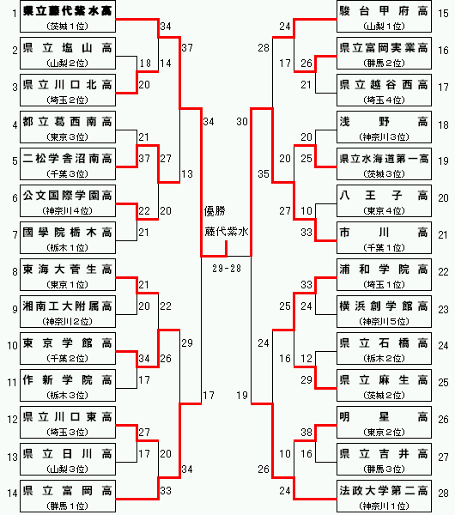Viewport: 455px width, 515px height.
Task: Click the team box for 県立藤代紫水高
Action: coord(68,16)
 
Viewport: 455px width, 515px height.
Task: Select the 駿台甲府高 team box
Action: coord(384,16)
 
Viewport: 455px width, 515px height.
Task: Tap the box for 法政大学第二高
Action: coord(384,496)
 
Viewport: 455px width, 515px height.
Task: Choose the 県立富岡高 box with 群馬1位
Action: coord(68,496)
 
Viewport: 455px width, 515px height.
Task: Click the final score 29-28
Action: coord(227,269)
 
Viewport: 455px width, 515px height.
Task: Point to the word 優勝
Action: coord(215,211)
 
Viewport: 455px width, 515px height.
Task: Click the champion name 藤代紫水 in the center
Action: coord(227,232)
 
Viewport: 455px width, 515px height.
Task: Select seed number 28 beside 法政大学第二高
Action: coord(443,493)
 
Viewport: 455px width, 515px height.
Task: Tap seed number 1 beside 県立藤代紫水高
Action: coord(15,14)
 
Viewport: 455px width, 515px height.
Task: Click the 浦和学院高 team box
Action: coord(384,275)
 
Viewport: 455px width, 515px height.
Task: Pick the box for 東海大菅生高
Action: coord(68,275)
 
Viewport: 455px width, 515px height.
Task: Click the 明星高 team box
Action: coord(384,422)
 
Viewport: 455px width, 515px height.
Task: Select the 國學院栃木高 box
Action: coord(68,238)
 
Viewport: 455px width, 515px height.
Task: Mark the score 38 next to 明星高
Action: coord(306,432)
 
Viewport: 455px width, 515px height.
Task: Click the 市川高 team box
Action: coord(384,238)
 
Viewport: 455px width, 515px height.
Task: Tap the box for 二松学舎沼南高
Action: coord(68,164)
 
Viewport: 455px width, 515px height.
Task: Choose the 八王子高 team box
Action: coord(384,201)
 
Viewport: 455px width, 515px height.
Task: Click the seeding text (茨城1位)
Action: coord(67,27)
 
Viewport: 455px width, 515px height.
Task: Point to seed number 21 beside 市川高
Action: coord(443,235)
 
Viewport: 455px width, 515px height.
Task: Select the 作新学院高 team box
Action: coord(68,385)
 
